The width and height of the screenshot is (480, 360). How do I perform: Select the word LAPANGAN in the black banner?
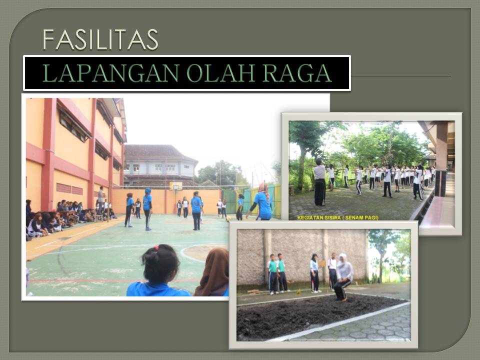tap(110, 73)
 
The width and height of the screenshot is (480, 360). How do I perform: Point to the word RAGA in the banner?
tap(297, 73)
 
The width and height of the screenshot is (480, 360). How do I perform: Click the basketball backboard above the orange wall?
tap(176, 185)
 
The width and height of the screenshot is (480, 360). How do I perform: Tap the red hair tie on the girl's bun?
tap(156, 247)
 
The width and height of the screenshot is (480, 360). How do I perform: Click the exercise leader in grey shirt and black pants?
tap(319, 182)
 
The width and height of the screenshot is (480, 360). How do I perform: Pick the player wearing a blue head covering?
tap(147, 209)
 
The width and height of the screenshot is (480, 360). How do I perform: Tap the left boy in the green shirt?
tap(272, 274)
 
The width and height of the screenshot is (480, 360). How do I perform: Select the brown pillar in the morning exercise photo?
tap(441, 158)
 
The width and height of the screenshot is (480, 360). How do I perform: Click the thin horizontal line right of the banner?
tap(401, 75)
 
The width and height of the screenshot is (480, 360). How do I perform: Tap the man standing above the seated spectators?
tap(101, 200)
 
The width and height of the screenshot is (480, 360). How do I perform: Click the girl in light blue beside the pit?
tap(314, 273)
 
